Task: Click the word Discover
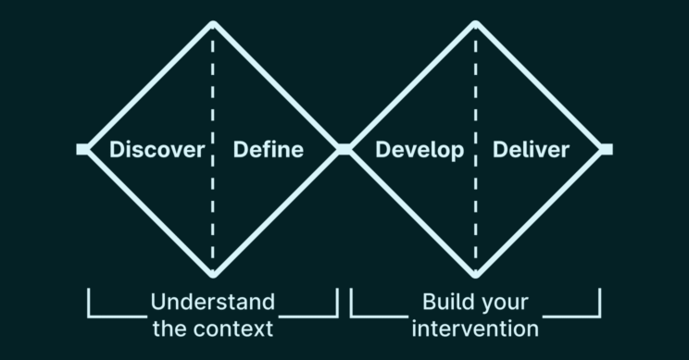coord(157,150)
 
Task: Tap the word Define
coord(268,150)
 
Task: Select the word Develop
coord(420,150)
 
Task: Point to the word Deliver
coord(531,150)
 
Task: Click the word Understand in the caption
coord(212,303)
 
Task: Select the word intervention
coord(475,328)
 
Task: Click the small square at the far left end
coord(82,149)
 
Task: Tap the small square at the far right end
coord(607,149)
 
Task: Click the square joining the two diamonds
coord(344,149)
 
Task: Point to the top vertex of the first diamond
coord(213,23)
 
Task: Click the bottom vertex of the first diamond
coord(213,274)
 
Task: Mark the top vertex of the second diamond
coord(475,23)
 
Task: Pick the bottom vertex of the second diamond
coord(475,274)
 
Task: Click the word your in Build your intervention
coord(504,303)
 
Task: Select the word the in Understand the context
coord(166,328)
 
